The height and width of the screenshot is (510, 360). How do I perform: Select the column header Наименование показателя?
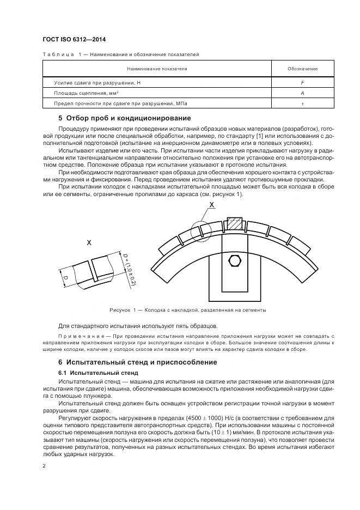(157, 69)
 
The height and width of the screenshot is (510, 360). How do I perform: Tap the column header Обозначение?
(302, 69)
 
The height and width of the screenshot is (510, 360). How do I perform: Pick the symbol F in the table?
(302, 82)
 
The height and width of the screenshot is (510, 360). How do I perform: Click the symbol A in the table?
(302, 93)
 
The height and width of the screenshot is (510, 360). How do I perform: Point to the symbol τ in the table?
(302, 104)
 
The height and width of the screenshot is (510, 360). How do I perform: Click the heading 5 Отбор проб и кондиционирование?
(124, 118)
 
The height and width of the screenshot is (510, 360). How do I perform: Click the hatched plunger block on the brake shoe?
(234, 223)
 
